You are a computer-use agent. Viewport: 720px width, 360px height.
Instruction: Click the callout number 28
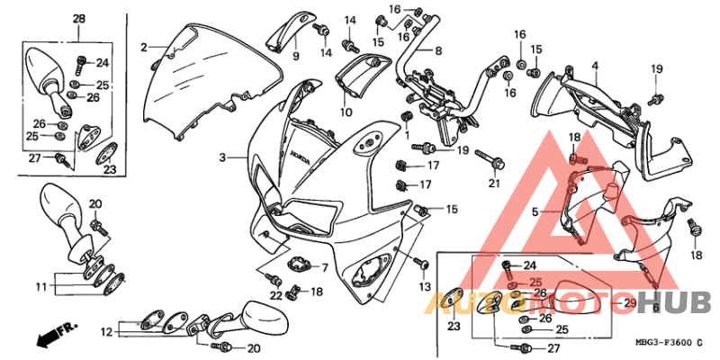78,19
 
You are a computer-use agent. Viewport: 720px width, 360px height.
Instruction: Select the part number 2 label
143,46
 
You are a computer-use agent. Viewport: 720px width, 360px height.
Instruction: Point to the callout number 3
221,157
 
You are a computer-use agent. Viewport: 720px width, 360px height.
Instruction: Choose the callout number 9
295,57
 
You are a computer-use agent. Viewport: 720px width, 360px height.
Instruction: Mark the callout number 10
346,112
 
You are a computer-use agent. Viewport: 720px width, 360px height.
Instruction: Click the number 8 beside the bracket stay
438,50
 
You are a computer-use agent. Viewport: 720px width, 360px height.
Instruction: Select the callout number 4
595,66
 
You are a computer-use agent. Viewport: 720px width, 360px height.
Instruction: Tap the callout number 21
493,184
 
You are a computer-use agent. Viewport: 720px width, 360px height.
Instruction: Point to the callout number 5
535,211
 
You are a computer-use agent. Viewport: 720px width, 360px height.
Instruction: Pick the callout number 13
424,286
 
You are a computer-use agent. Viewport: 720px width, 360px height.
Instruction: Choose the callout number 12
106,331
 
